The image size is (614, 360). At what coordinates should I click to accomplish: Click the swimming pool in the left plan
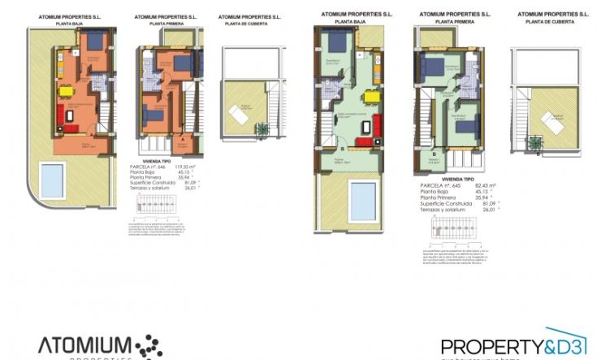[51, 176]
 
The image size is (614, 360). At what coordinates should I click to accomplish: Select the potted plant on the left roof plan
[262, 128]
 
